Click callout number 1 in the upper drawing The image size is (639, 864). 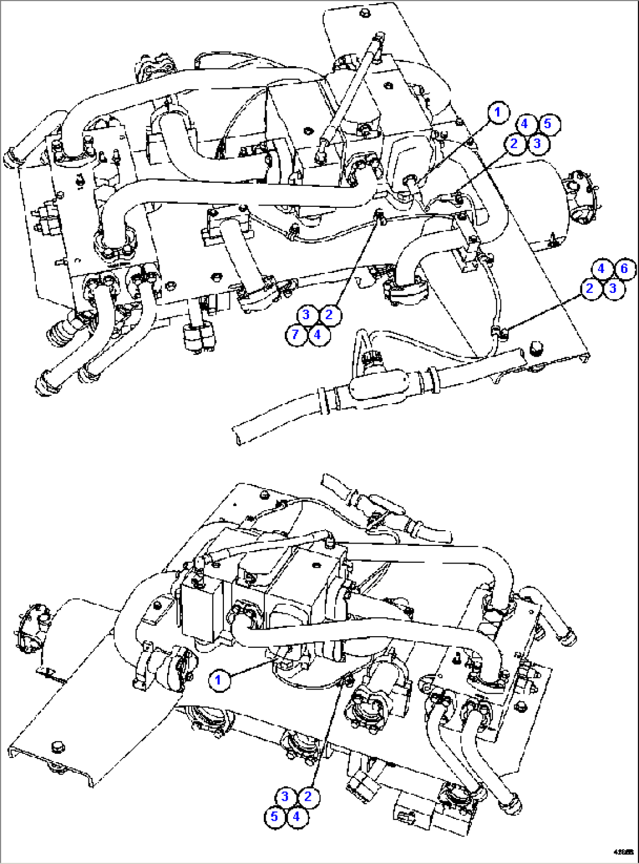coord(498,112)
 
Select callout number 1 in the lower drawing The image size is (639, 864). coord(219,679)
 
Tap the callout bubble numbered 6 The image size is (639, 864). coord(624,269)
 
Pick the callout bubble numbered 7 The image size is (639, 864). coord(296,334)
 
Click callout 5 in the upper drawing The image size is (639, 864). coord(548,124)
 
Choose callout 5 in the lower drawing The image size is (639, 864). coord(274,816)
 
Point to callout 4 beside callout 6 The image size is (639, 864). coord(601,269)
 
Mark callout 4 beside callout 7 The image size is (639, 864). coord(317,334)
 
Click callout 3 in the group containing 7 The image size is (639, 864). coord(306,315)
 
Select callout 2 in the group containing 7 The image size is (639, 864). coord(329,315)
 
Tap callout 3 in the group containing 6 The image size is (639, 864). coord(613,288)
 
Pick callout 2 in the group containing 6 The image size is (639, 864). coord(590,288)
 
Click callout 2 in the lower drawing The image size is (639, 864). coord(308,797)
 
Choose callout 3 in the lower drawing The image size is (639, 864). coord(285,797)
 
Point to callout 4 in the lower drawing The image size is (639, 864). coord(297,816)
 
